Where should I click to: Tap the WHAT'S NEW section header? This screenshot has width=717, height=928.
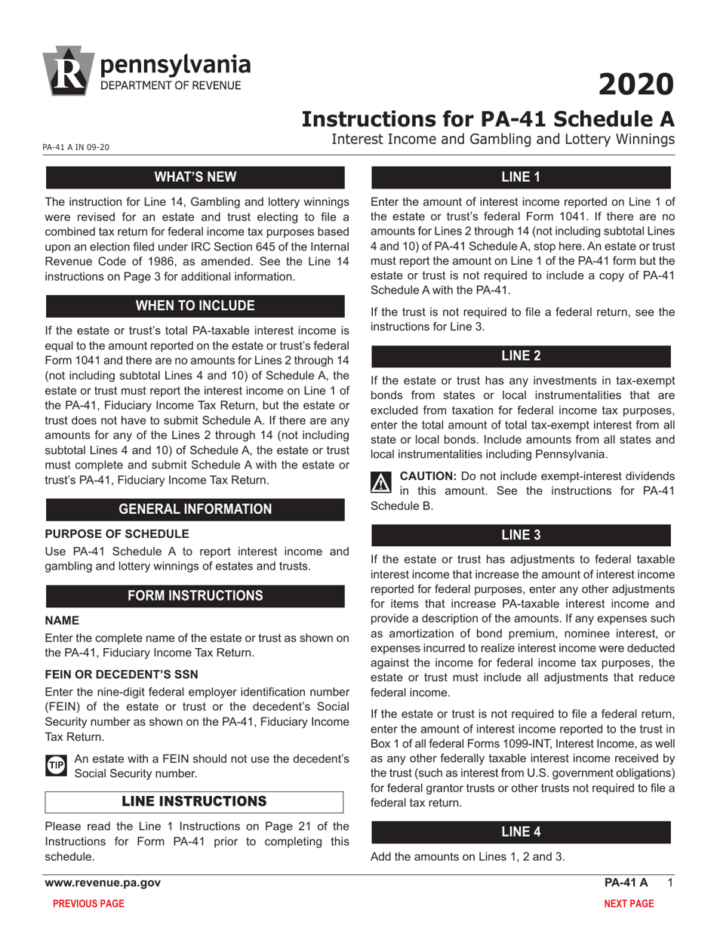click(195, 177)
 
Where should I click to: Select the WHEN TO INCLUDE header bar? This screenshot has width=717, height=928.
click(195, 306)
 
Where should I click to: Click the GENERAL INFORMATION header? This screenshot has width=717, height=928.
click(195, 509)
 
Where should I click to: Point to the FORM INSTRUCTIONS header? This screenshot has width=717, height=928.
click(195, 595)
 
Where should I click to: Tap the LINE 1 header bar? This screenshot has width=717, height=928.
click(521, 177)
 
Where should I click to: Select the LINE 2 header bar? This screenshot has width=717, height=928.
click(521, 355)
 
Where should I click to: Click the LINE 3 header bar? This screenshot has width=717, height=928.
click(521, 535)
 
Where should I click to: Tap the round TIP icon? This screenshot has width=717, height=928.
click(56, 765)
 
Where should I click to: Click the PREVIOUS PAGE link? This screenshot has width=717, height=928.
click(88, 903)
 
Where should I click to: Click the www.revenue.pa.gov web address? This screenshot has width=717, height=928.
click(103, 883)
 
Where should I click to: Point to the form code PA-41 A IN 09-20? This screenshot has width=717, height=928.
click(75, 147)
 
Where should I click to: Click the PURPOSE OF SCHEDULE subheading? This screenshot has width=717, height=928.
click(105, 533)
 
